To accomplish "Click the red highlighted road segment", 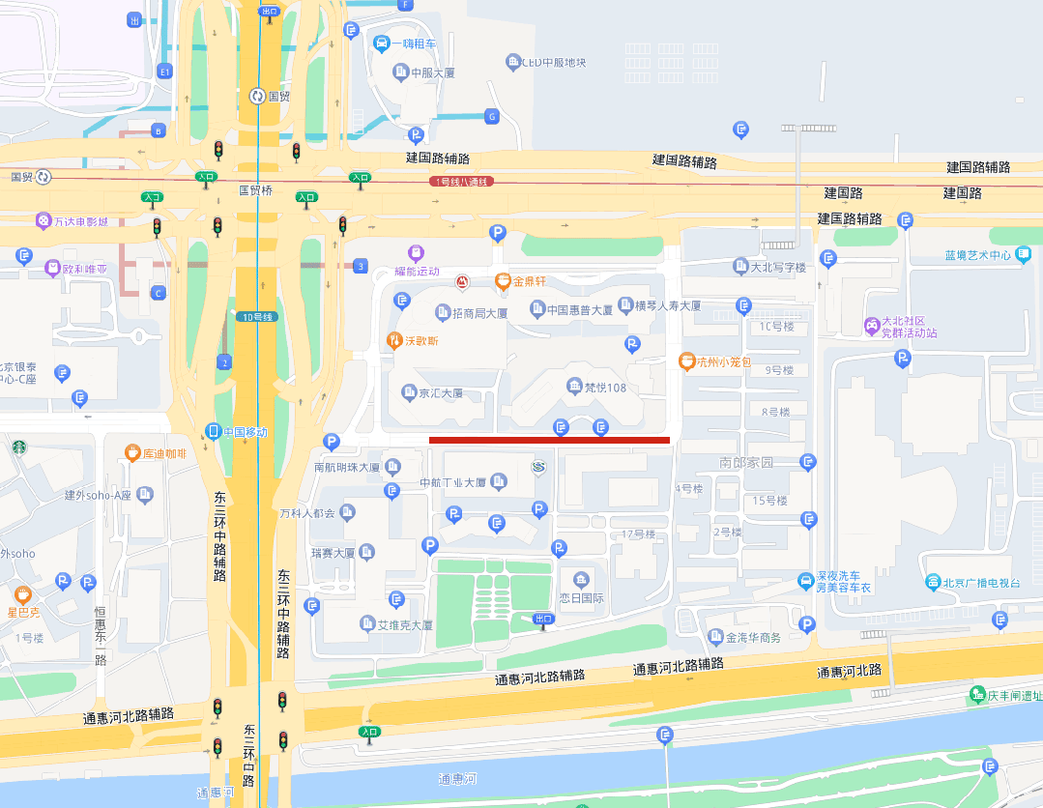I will point(549,440).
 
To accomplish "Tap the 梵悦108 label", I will point(605,388).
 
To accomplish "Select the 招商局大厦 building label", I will point(479,313).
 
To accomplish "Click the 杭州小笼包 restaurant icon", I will point(686,361).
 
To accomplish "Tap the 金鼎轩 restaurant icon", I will point(503,281).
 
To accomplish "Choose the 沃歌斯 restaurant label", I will point(420,340).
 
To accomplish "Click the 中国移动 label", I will point(245,431).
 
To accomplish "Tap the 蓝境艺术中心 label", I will point(977,255).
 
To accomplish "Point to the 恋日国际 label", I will point(581,597).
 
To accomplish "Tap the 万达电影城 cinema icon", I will point(43,221).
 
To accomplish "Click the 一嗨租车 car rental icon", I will point(383,43).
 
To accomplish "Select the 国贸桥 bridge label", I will point(255,190).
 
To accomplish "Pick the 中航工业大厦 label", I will point(452,482).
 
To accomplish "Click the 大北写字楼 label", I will point(778,266).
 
